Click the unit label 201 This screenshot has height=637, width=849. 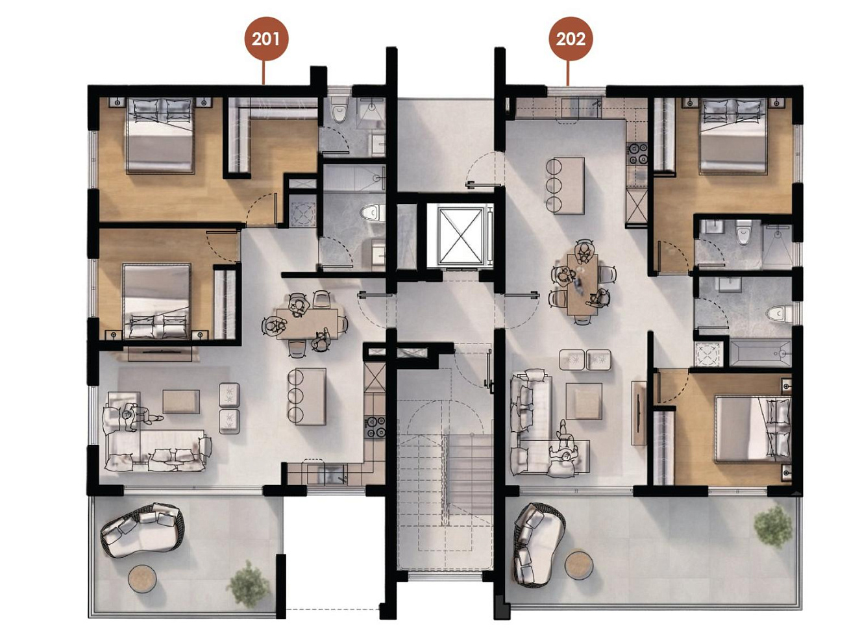pos(266,39)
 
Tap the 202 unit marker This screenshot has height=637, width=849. pos(571,39)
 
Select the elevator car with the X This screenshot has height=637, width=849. pos(460,236)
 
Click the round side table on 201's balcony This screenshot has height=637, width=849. pos(142,578)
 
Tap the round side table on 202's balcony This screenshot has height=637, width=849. pos(578,565)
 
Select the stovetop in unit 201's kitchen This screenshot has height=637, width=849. pos(375,427)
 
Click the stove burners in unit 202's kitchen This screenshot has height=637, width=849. pos(637,153)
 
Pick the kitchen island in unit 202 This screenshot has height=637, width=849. pos(569,185)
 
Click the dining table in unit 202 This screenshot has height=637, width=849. pos(582,284)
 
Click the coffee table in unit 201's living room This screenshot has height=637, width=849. pos(181,401)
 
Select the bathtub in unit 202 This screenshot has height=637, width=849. pos(760,353)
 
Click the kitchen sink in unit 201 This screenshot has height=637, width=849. pos(326,474)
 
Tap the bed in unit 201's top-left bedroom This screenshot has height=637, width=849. pos(160,135)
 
